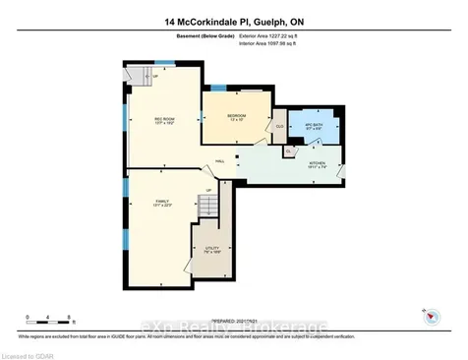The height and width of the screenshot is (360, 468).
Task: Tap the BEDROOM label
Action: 236,117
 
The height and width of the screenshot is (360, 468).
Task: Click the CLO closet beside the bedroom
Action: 279,126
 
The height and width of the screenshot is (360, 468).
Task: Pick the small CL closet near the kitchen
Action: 288,152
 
